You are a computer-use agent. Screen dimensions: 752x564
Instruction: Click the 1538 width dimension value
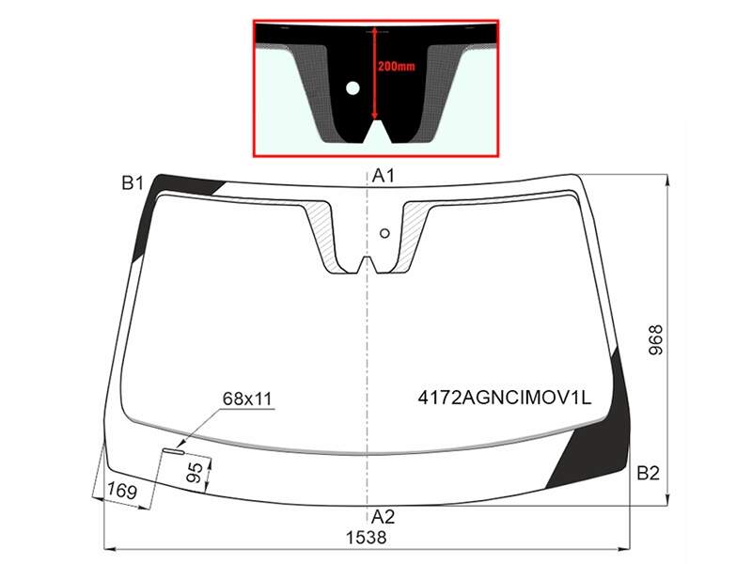coord(367,538)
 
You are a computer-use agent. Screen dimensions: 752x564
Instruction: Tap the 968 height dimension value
coord(655,340)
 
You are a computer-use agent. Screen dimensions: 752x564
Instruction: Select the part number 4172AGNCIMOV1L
coord(505,398)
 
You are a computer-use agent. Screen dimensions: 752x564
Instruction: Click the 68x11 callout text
coord(247,399)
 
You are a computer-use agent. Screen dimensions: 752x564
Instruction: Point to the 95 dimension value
coord(195,474)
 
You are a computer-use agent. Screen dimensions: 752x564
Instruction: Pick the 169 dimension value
coord(122,491)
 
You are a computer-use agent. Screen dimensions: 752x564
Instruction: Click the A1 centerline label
coord(384,176)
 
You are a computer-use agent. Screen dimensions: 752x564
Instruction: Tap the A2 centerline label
coord(383,516)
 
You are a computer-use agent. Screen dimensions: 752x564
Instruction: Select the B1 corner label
coord(133,182)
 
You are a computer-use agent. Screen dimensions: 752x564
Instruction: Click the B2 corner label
coord(649,474)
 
